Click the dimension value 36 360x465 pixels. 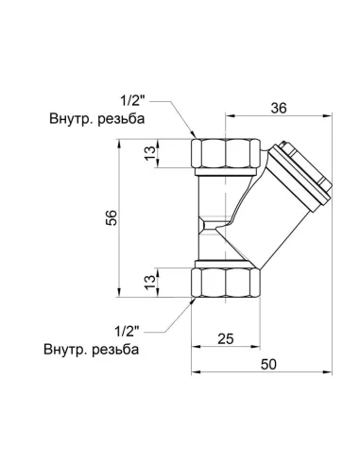[278, 107]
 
